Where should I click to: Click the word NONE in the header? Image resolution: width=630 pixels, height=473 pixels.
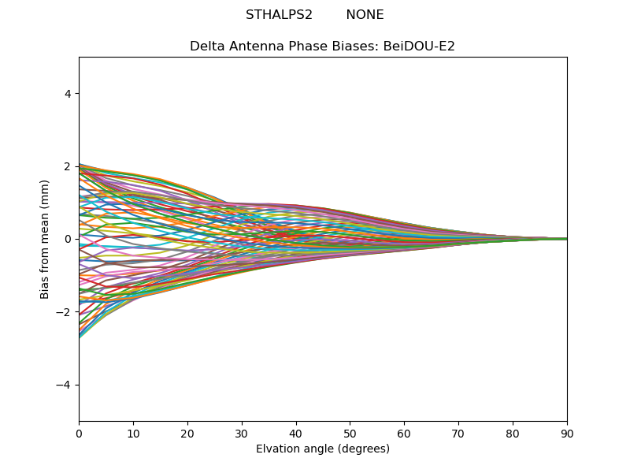point(365,15)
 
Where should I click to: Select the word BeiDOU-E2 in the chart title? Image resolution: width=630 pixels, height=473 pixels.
point(419,47)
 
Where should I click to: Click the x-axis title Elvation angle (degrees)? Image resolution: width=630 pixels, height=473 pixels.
point(323,449)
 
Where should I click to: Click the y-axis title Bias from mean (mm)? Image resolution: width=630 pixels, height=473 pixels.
point(46,239)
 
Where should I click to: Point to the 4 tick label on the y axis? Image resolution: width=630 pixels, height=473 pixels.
point(68,94)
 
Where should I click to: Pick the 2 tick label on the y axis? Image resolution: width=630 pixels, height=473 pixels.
point(68,166)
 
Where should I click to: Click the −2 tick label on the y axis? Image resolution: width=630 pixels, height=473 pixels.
point(65,312)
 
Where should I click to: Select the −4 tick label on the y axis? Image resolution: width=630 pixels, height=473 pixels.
point(65,385)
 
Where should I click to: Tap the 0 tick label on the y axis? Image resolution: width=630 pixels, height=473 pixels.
point(68,239)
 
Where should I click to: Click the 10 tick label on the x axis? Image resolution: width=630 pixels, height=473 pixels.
point(133,433)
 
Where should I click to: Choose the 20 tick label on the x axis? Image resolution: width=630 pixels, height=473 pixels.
point(187,433)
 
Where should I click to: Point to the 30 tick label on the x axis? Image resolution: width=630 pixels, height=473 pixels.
point(242,433)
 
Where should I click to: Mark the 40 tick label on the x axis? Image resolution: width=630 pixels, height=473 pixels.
point(296,433)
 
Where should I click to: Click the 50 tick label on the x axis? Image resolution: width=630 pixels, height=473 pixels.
point(350,433)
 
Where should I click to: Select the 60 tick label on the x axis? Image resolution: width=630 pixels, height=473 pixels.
point(404,433)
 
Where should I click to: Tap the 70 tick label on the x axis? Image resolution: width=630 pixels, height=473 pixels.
point(458,433)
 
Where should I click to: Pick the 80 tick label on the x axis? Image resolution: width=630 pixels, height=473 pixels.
point(513,433)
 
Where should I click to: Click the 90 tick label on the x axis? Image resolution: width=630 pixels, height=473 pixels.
point(567,433)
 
